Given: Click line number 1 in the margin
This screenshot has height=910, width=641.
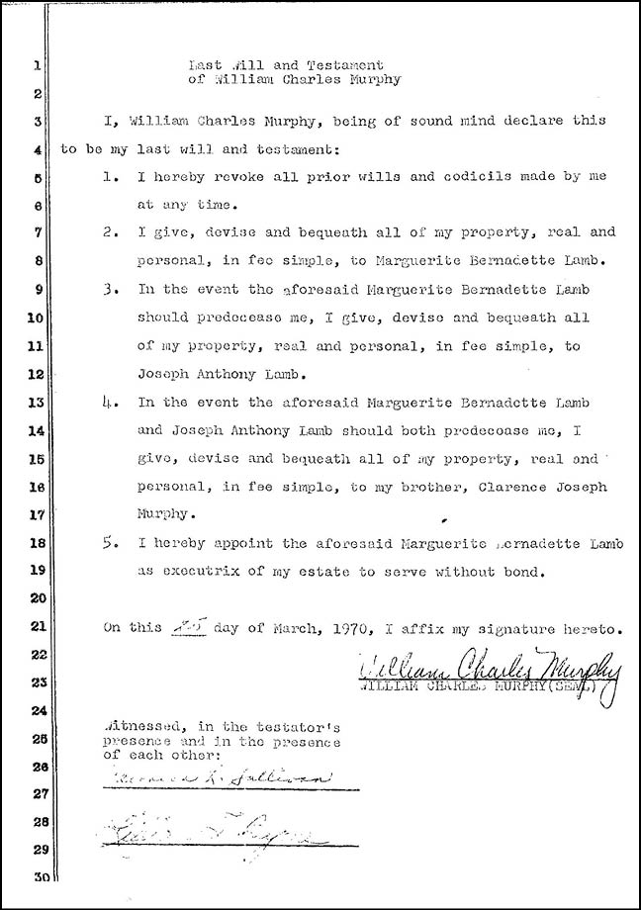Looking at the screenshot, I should tap(36, 67).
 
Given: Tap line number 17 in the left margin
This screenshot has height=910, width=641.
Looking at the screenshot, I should tap(34, 514).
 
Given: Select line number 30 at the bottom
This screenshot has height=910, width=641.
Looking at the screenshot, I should tap(34, 877).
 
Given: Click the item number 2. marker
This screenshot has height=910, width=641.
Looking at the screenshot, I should tap(112, 233).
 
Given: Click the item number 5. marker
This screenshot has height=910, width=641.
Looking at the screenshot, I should tap(112, 543).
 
